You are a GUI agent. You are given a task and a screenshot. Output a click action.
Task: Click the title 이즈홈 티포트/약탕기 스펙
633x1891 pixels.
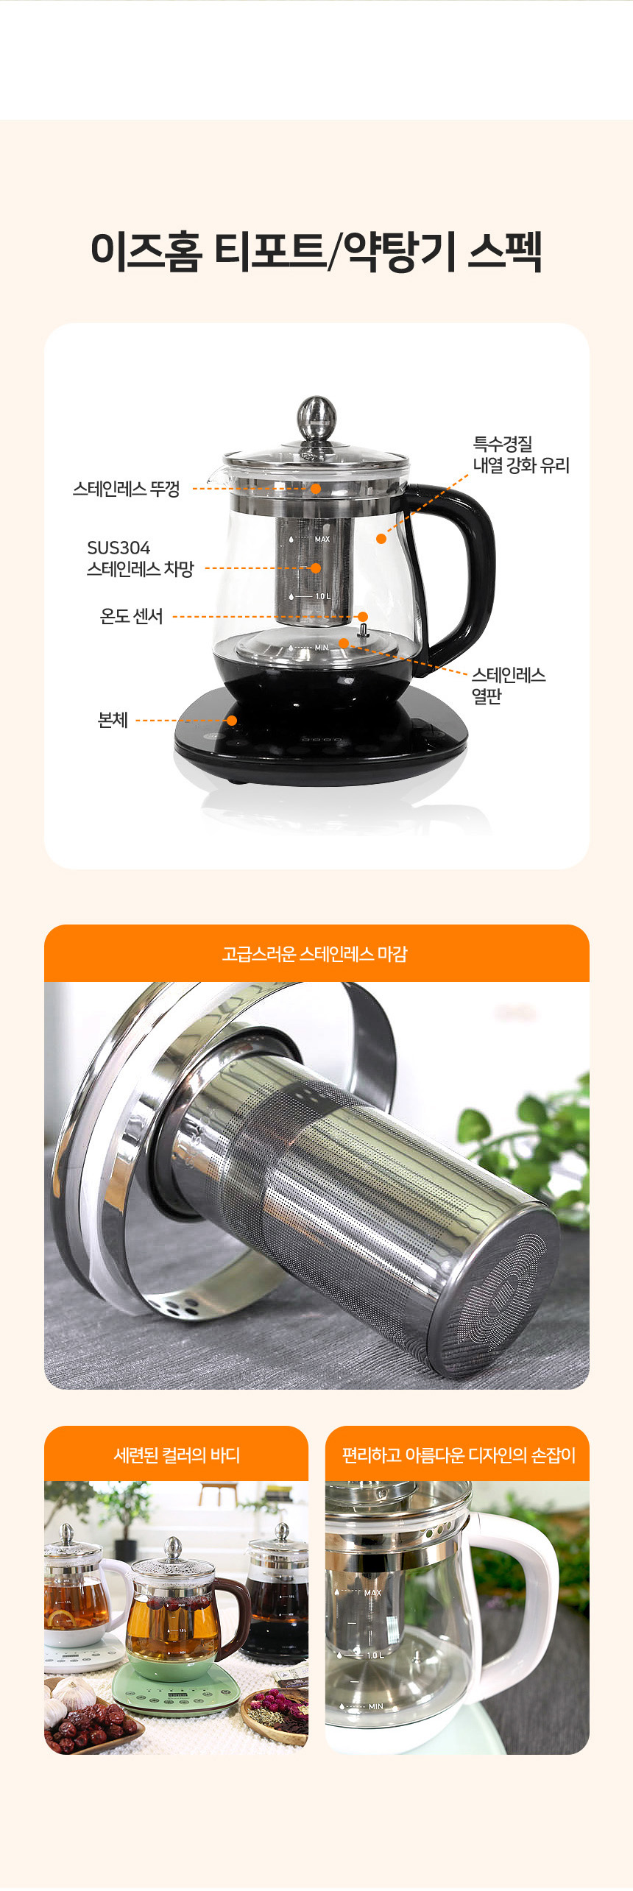(x=316, y=251)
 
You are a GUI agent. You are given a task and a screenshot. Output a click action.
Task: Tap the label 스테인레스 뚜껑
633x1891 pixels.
(x=126, y=489)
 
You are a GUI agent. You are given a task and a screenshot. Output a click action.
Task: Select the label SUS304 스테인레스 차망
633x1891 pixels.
(x=140, y=558)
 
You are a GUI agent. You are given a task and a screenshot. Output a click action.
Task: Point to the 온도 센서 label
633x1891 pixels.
(x=131, y=616)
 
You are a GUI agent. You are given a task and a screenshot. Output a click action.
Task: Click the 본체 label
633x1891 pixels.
(x=113, y=720)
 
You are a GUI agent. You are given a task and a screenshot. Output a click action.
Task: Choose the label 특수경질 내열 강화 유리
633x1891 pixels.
(x=521, y=454)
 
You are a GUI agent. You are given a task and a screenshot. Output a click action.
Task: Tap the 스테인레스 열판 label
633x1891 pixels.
(x=509, y=685)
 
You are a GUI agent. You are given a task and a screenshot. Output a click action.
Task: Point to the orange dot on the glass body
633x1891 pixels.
(x=381, y=539)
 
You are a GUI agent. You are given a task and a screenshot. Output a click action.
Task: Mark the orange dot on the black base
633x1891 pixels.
(x=232, y=720)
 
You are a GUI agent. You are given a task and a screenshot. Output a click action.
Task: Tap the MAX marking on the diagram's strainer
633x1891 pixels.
(x=322, y=540)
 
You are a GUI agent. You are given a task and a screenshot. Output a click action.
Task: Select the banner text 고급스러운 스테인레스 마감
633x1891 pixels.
(x=315, y=954)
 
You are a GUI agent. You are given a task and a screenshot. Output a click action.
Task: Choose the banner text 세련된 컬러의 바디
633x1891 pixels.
(x=177, y=1455)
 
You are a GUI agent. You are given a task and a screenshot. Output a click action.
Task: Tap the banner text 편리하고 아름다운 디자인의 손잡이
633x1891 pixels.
(x=459, y=1455)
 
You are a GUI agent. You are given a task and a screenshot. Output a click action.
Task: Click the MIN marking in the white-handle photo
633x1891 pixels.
(x=376, y=1706)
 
